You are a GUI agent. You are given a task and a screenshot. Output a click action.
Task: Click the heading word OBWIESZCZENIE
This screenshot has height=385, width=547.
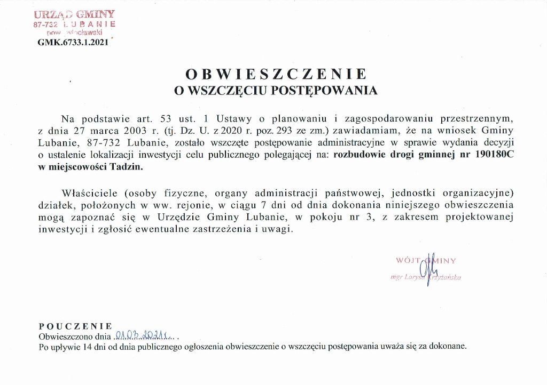click(x=276, y=74)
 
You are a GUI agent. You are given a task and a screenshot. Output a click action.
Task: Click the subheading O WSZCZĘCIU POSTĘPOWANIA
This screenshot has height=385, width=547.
click(x=276, y=91)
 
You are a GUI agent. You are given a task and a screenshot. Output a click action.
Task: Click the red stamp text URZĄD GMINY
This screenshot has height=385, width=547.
click(x=74, y=14)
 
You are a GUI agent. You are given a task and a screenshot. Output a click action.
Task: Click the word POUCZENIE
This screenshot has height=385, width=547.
click(x=75, y=326)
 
